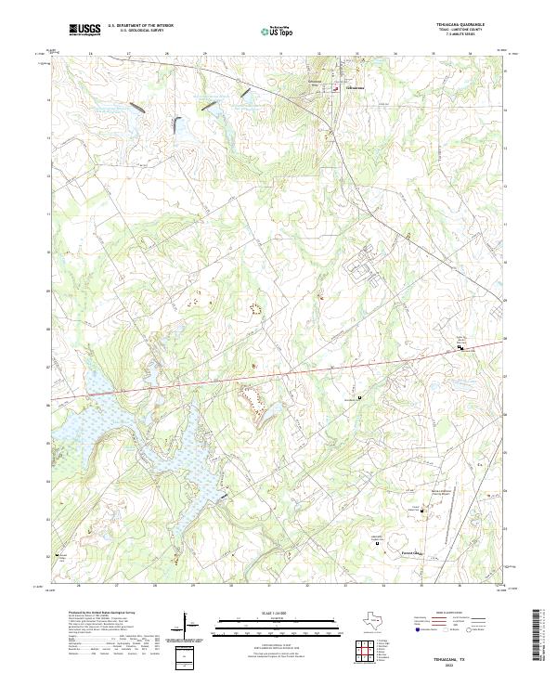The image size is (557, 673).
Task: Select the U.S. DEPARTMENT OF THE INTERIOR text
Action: click(x=141, y=26)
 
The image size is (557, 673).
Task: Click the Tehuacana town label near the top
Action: click(x=356, y=89)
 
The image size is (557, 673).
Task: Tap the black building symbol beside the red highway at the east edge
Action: click(x=460, y=346)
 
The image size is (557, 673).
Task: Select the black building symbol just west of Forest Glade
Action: click(x=377, y=545)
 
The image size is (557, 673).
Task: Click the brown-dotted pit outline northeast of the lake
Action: click(x=253, y=398)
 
